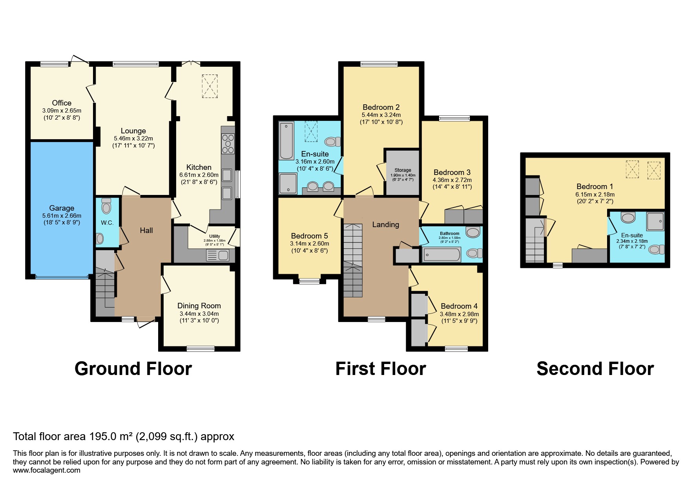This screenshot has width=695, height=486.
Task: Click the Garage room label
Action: click(x=62, y=208)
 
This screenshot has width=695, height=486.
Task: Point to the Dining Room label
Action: click(x=199, y=306)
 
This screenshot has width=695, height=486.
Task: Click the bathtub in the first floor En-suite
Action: click(x=286, y=140)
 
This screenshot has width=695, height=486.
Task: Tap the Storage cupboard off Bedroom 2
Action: click(x=402, y=173)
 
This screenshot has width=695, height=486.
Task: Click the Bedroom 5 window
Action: click(x=309, y=281)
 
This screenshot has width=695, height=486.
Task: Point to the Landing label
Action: click(x=386, y=224)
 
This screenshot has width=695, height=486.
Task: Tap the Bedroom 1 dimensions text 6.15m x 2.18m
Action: click(x=595, y=194)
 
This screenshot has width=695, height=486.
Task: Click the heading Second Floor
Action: click(x=595, y=369)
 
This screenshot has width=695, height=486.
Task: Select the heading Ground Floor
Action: click(x=133, y=369)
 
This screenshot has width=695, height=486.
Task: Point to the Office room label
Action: click(x=62, y=103)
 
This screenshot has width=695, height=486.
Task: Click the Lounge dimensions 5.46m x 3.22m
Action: click(x=133, y=138)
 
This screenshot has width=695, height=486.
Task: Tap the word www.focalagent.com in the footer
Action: click(x=46, y=470)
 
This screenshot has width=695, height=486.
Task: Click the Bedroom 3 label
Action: click(x=452, y=172)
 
